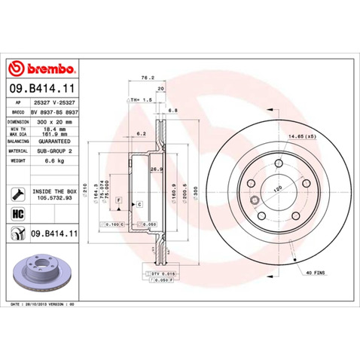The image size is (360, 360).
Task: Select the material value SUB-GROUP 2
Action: pyautogui.click(x=54, y=150)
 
